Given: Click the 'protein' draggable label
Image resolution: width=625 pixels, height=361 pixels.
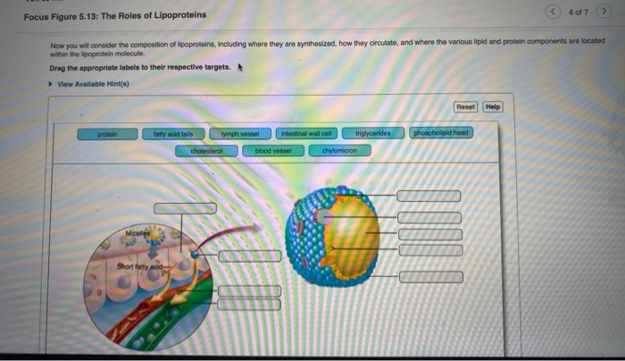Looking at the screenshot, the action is point(108,133).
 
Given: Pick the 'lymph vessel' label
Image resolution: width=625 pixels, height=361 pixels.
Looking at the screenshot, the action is point(238,133).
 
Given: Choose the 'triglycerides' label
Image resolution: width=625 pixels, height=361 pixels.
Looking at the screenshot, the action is point(373,133).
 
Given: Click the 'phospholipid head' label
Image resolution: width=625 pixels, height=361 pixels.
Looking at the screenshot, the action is point(442,133).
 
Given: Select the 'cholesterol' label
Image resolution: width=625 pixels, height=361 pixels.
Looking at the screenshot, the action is point(206,151).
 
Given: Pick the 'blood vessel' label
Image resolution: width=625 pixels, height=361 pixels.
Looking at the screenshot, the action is point(273,151).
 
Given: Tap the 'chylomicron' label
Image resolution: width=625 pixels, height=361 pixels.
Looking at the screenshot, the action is point(339,151).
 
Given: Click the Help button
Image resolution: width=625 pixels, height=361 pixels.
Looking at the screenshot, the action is point(493,106).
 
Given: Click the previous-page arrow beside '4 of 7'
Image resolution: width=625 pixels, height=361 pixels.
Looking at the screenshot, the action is point(554,11).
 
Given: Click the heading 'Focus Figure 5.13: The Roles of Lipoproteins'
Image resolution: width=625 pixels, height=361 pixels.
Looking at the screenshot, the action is point(114,14).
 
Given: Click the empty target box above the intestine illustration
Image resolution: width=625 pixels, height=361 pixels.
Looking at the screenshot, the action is point(185,208).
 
